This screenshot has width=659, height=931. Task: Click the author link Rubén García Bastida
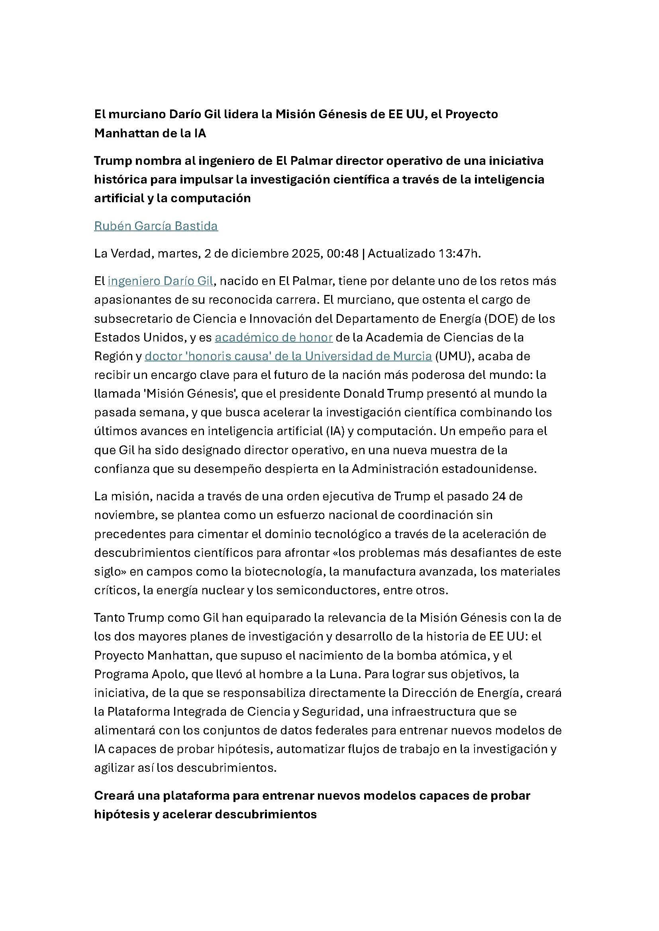coord(156,226)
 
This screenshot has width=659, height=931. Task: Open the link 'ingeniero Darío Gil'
coord(160,281)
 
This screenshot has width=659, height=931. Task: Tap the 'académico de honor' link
coord(273,338)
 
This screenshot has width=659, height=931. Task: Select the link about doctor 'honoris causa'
coord(288,356)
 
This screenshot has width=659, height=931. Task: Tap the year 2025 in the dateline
coord(307,254)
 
